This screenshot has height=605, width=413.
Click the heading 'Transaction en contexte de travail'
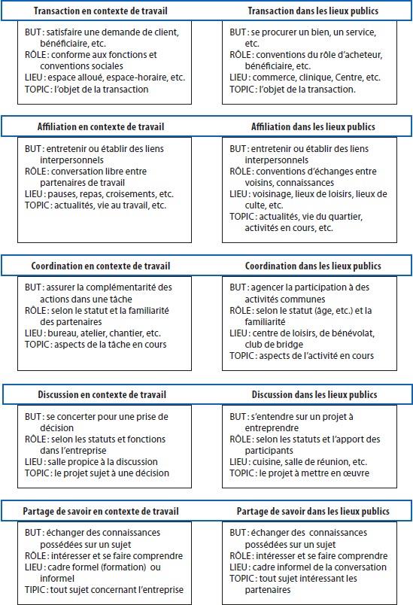tap(101, 11)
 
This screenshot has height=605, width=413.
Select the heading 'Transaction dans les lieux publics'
tap(313, 11)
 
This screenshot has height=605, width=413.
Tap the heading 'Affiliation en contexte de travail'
tap(101, 126)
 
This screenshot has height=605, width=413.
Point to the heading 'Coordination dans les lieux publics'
tap(313, 266)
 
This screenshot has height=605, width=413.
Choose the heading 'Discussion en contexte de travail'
tap(102, 395)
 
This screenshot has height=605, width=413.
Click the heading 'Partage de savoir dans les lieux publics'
tap(313, 511)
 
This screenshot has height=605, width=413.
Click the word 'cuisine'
tap(266, 461)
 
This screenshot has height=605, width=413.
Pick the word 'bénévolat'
tap(355, 333)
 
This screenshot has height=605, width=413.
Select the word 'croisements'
tap(130, 193)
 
